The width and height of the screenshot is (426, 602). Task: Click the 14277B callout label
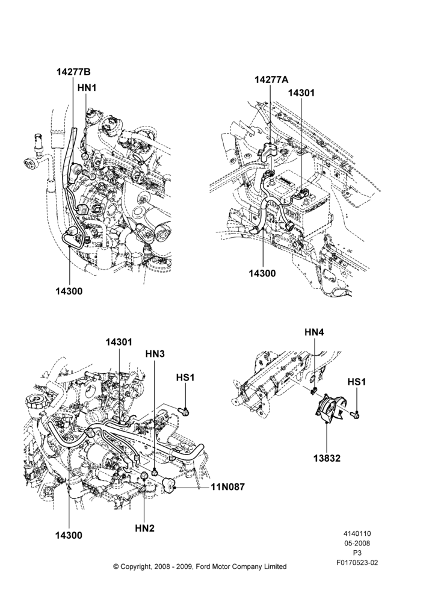tap(73, 72)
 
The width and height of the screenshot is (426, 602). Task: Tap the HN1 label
tap(87, 88)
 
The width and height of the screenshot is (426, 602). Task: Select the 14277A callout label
tap(272, 79)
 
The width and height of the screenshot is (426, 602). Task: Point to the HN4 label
tap(314, 332)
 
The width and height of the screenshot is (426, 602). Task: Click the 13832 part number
tap(327, 458)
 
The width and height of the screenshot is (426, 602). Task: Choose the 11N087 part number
tap(227, 487)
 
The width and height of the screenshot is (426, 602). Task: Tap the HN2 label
tap(144, 529)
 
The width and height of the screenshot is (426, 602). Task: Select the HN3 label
tap(155, 353)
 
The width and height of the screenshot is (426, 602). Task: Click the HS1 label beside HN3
tap(185, 377)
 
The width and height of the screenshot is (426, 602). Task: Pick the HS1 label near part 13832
tap(357, 382)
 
